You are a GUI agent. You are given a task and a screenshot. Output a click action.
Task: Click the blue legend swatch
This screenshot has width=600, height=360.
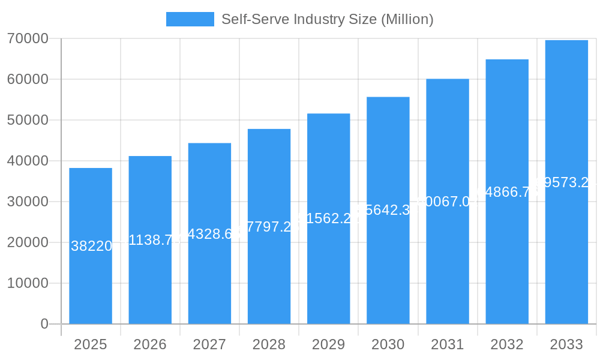click(190, 19)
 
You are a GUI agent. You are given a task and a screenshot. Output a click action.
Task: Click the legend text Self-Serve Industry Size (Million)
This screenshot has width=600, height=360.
click(327, 19)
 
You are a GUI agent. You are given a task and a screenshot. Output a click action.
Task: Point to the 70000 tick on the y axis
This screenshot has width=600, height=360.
click(28, 38)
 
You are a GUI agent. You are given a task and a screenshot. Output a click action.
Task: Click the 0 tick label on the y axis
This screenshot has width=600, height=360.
click(44, 324)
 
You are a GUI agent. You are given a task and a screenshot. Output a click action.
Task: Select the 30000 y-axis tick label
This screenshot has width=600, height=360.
click(28, 202)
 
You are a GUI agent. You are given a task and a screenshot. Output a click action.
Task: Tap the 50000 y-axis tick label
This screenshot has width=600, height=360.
click(28, 120)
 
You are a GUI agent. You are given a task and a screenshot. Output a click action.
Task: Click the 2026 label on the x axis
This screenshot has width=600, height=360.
click(150, 344)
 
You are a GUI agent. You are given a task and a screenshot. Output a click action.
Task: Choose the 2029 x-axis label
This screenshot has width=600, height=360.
click(328, 344)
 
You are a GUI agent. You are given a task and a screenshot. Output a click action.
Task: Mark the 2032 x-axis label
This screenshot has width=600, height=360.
click(507, 344)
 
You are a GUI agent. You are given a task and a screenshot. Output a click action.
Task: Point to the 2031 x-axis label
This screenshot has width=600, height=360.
click(448, 344)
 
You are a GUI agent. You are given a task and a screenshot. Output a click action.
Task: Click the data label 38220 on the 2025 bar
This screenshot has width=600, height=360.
click(91, 246)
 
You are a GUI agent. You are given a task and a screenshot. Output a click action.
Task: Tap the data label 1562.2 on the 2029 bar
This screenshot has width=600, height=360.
click(328, 218)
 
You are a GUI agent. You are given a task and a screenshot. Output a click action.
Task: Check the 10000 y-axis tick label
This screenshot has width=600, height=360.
click(28, 283)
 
